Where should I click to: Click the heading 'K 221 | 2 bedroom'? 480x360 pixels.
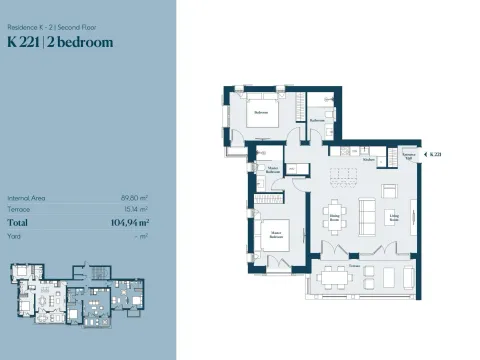point(60,42)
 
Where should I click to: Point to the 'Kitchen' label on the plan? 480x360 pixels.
point(368,160)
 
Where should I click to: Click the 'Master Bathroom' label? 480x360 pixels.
point(272,170)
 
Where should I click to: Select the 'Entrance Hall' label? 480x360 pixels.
point(408,157)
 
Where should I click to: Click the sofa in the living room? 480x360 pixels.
point(366,212)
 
